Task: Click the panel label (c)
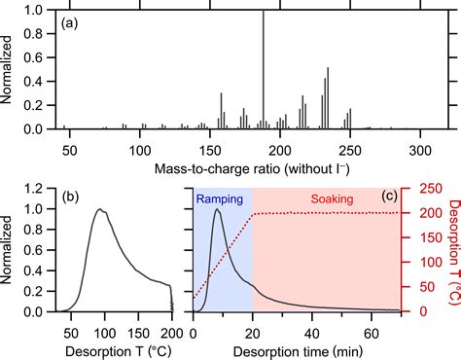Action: [x=388, y=197]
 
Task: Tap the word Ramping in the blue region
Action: [x=220, y=198]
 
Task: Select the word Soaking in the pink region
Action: [x=333, y=198]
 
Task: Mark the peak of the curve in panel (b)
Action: [x=98, y=209]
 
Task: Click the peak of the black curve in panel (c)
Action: [x=217, y=209]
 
